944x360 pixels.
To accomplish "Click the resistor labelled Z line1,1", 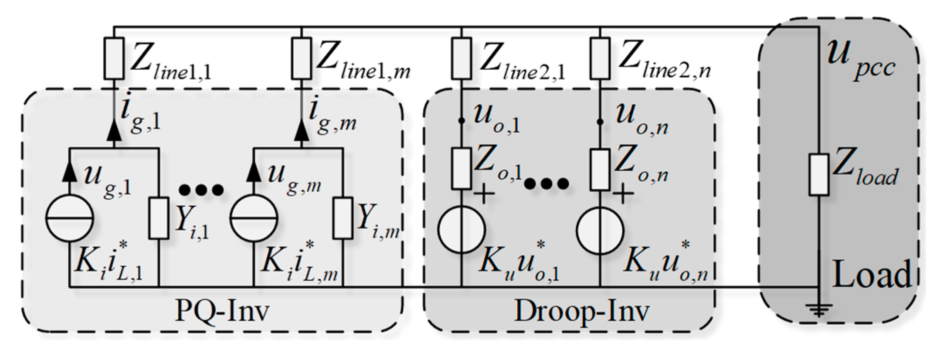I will [114, 58].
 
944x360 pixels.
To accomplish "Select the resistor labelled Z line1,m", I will [301, 58].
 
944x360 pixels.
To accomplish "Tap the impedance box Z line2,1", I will [462, 58].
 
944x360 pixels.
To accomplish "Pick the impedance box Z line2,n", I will [600, 58].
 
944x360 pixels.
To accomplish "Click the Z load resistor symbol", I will [819, 174].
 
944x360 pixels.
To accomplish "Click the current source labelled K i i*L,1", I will [70, 217].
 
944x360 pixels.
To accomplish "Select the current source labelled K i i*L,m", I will [254, 217].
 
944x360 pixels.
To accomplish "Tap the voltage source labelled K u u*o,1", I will [462, 229].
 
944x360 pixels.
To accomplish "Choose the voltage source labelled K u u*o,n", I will [600, 229].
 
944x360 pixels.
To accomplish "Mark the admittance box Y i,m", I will [343, 218].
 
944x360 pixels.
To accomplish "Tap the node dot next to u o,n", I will [600, 122].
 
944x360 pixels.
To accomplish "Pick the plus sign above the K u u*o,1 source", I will [484, 194].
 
